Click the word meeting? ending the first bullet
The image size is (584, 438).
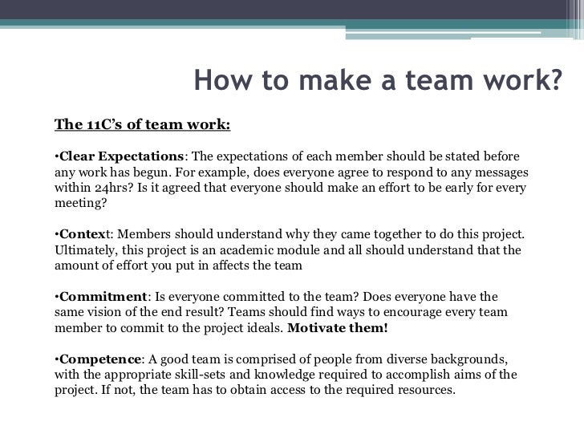(80, 203)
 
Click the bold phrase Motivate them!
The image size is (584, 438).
(337, 328)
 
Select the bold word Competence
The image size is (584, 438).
(101, 359)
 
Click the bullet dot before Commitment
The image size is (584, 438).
(57, 297)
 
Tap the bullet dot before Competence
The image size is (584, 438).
(57, 359)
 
